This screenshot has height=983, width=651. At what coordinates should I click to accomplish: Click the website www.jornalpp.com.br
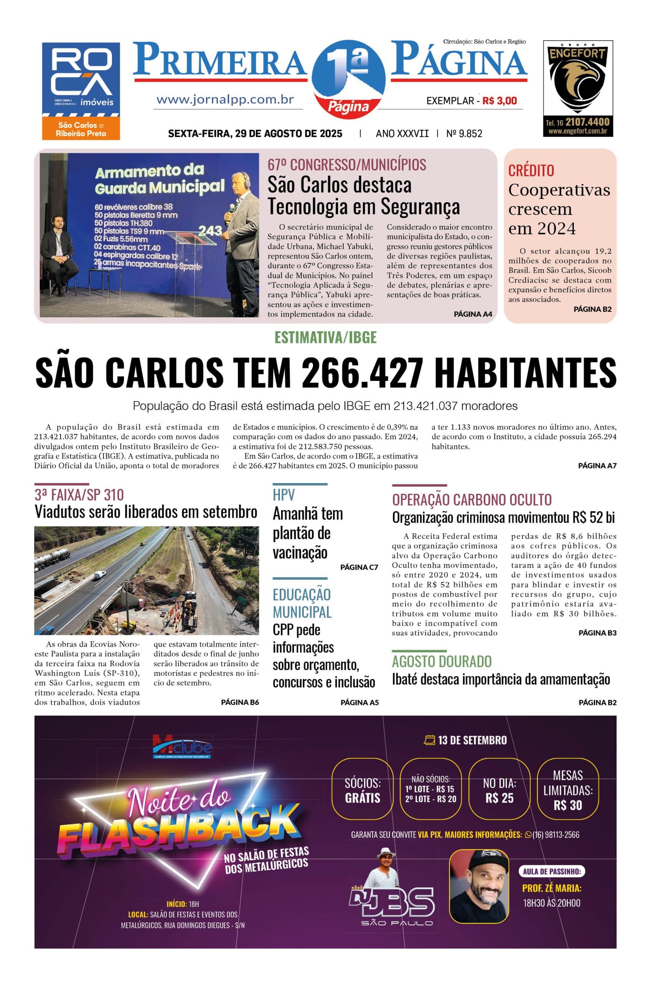(226, 100)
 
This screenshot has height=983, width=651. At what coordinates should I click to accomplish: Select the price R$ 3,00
(499, 101)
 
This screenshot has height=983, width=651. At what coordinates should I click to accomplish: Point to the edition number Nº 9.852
(464, 133)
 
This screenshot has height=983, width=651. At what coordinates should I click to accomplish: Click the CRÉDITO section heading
(531, 170)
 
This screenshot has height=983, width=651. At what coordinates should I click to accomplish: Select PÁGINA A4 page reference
(473, 314)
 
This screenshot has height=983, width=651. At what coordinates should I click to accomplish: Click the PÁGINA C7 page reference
(359, 567)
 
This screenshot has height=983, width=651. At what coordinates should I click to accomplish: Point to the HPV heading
(283, 495)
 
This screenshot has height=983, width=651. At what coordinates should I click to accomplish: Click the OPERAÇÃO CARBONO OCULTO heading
(471, 500)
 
